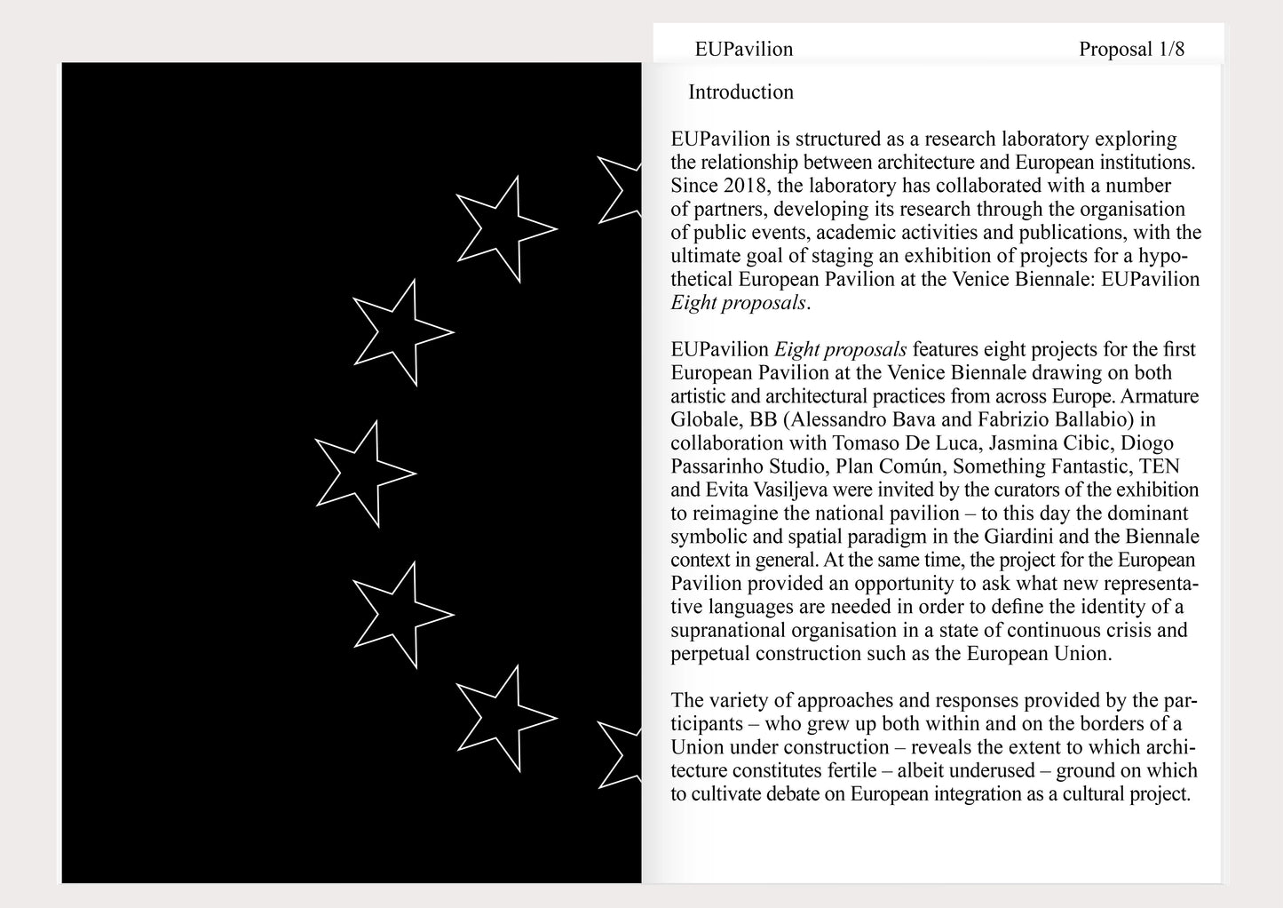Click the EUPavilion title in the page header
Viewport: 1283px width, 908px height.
click(x=743, y=50)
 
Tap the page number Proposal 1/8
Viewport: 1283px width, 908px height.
click(x=1131, y=50)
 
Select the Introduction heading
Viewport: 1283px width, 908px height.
click(x=740, y=92)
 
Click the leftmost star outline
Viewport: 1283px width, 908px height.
click(x=363, y=474)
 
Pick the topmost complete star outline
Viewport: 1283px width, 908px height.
click(x=503, y=229)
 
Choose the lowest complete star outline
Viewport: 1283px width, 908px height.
click(x=503, y=718)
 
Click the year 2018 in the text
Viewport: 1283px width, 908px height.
click(x=744, y=187)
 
